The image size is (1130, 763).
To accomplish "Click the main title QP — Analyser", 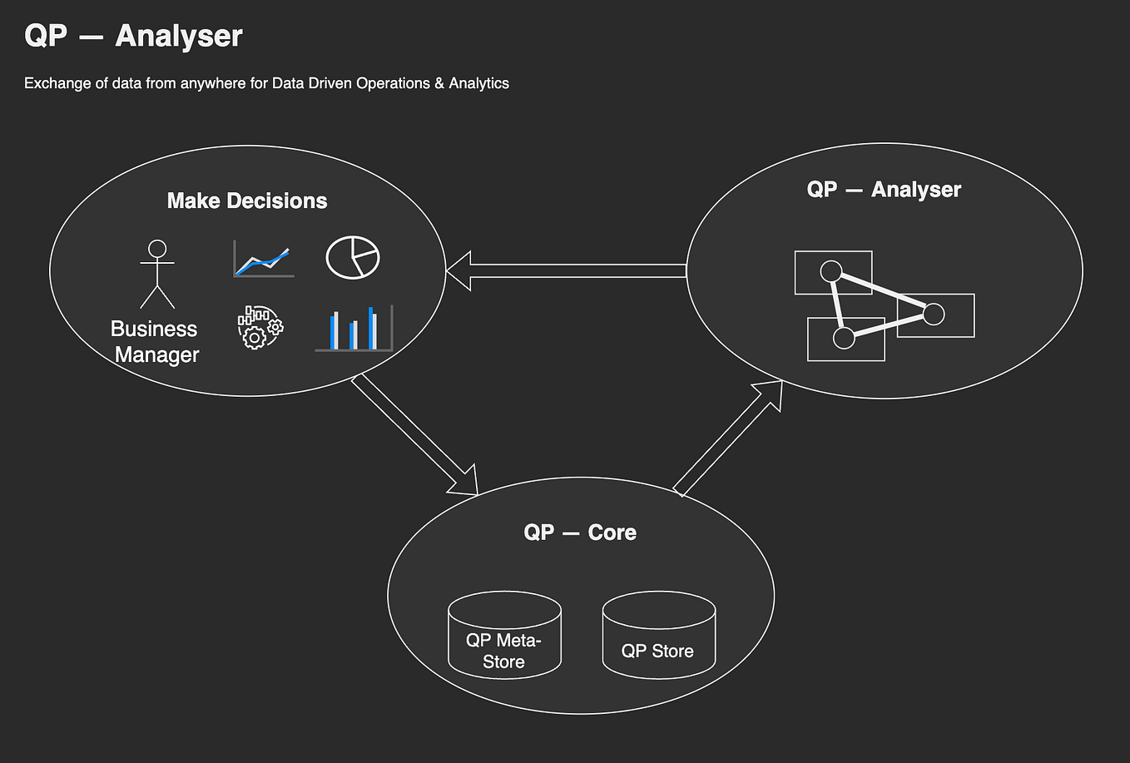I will (x=133, y=36).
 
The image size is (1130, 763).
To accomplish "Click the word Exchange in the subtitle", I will (x=53, y=83).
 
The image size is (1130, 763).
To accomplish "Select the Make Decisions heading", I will (x=247, y=201).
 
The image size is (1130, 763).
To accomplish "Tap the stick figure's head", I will (x=157, y=249).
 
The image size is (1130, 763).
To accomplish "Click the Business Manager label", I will (x=156, y=342).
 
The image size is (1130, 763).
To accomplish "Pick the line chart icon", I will (x=263, y=260).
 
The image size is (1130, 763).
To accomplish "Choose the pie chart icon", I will (x=352, y=257).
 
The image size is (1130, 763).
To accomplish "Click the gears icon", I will (x=260, y=327).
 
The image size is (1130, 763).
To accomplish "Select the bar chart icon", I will (x=354, y=328).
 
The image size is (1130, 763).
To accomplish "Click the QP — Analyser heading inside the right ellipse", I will (x=884, y=190).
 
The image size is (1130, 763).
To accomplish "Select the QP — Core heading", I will (x=580, y=533).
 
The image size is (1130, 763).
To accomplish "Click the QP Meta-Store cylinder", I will (x=504, y=637).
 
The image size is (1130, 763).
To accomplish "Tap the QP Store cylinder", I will (x=658, y=637).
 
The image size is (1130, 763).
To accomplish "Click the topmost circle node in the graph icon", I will (x=830, y=271).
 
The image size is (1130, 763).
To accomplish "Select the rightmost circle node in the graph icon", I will (x=934, y=314).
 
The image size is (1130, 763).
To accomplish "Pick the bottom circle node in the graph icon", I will (x=844, y=337).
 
